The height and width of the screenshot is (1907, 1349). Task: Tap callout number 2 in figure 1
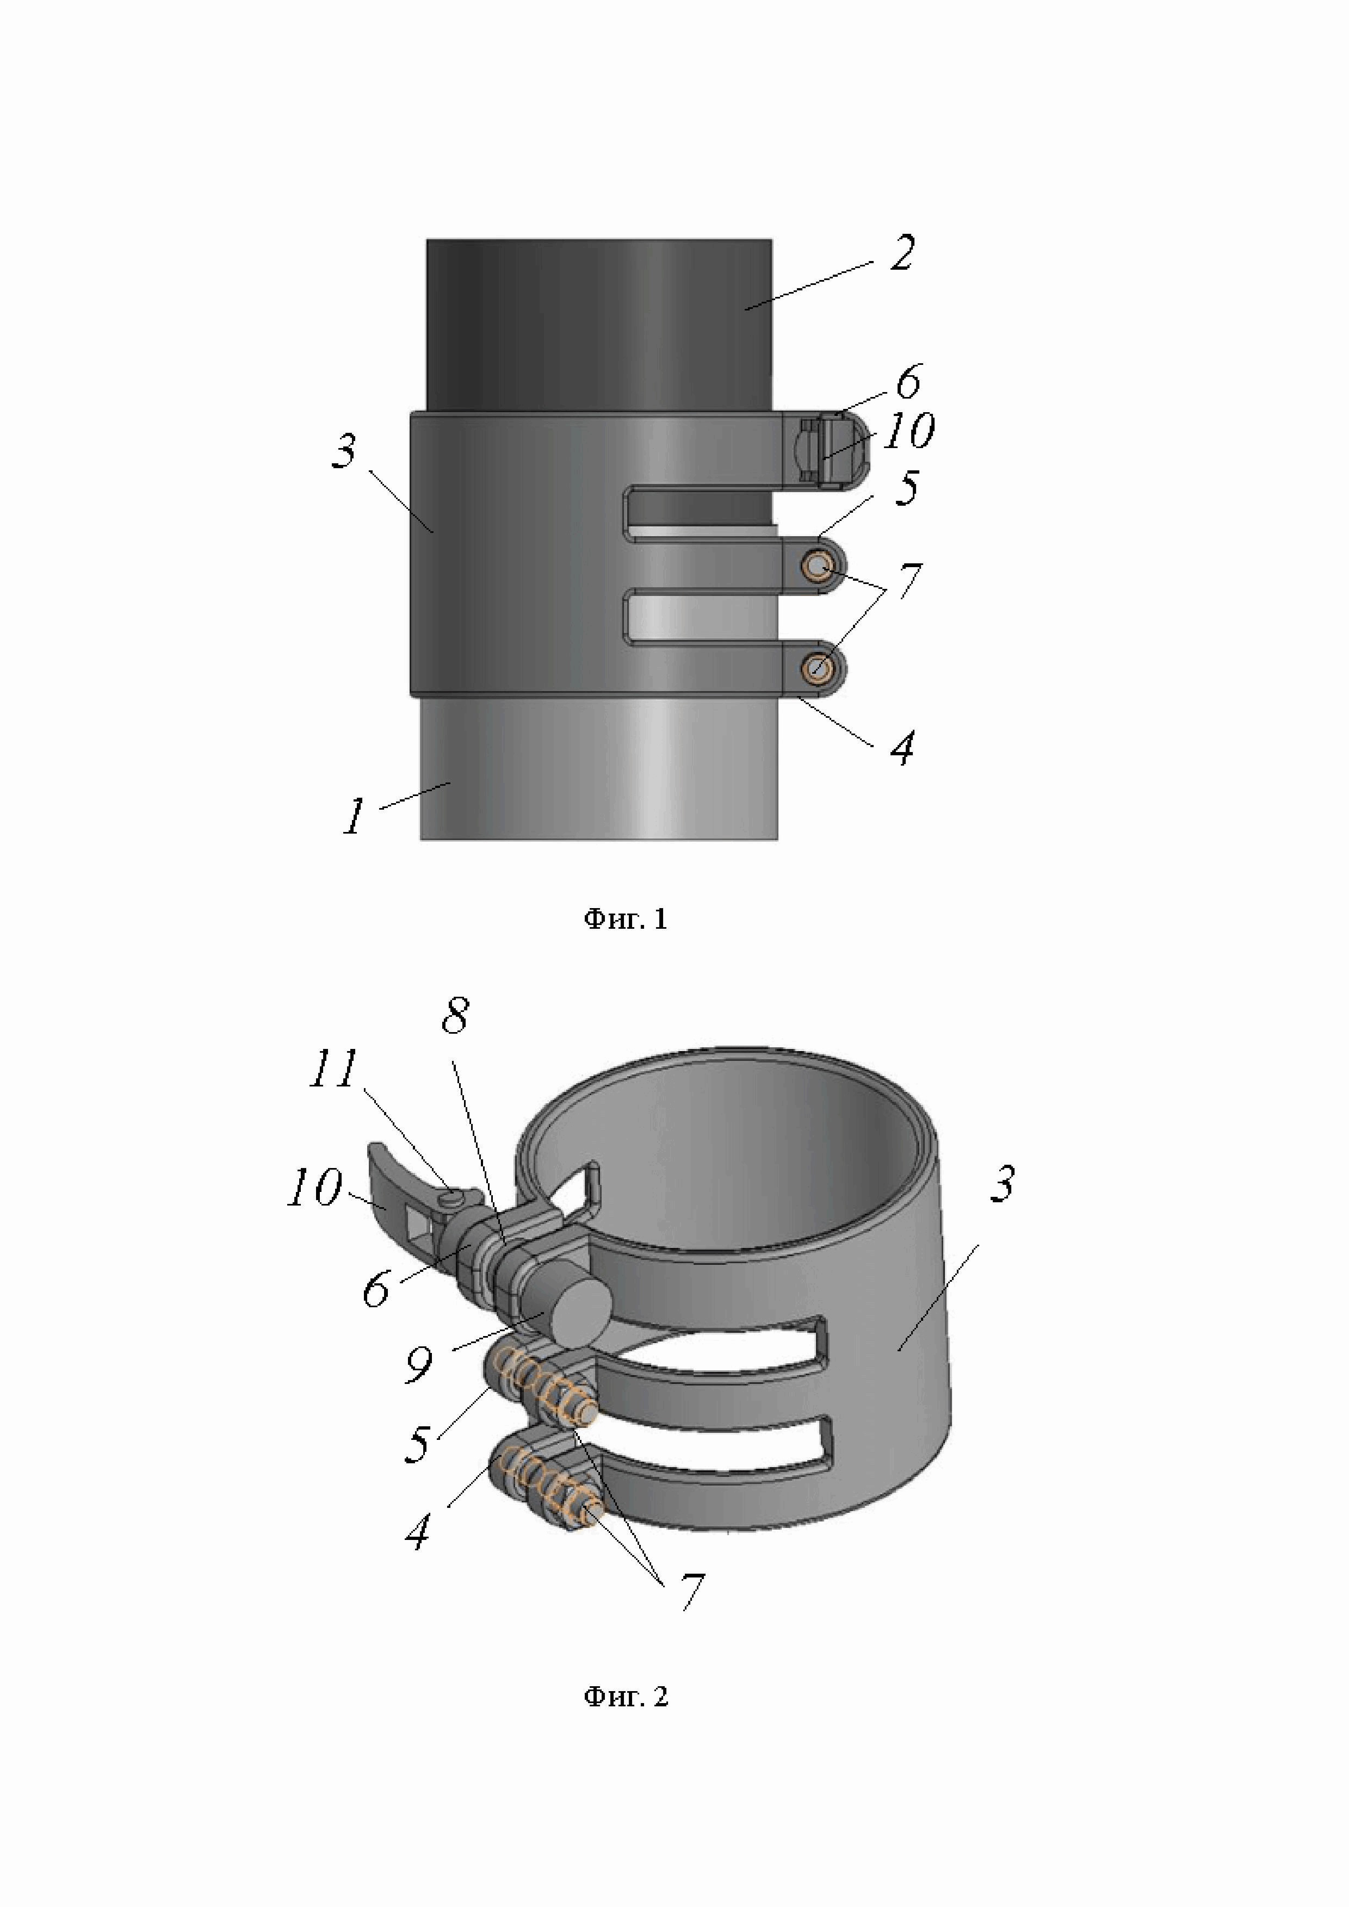(x=901, y=253)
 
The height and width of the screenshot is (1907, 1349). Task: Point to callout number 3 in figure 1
(x=345, y=452)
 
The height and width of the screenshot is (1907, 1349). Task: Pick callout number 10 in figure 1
(x=909, y=432)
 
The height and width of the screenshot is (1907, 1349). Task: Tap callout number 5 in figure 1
(x=906, y=488)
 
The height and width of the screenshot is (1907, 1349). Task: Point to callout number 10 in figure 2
(x=313, y=1189)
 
